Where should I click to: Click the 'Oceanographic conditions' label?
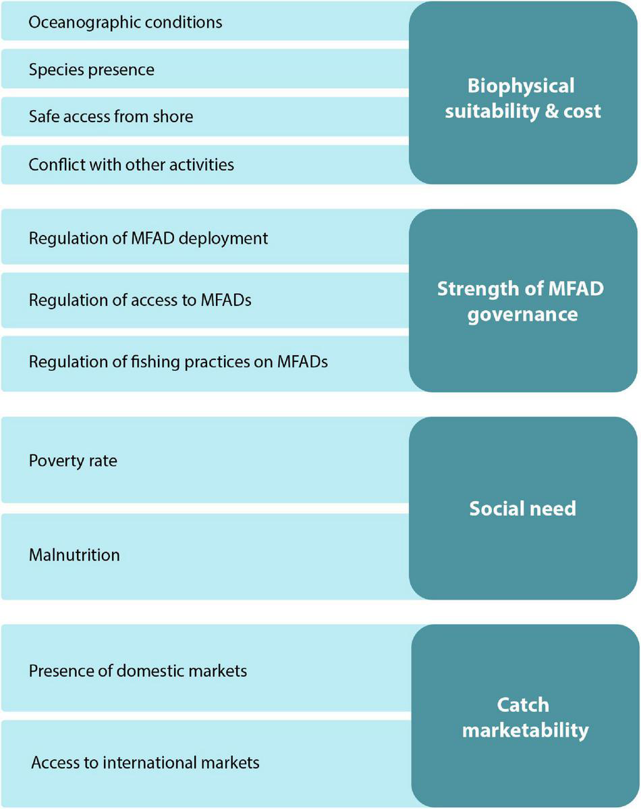pos(126,22)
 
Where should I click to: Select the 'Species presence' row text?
pos(92,70)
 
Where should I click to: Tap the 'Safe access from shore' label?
pos(111,117)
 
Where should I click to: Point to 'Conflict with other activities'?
pos(132,164)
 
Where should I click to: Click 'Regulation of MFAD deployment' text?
pos(148,238)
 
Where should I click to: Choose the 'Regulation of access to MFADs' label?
pos(140,301)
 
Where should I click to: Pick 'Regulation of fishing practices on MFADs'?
pos(178,362)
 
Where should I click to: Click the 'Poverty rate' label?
pos(73,461)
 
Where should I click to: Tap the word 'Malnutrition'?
pos(74,555)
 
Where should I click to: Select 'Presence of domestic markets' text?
pos(138,671)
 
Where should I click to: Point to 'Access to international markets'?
pos(145,763)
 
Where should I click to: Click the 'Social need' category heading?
pos(523,508)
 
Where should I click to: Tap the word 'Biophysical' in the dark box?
pos(521,86)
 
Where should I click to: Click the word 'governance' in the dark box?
pos(524,315)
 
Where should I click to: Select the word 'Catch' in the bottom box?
pos(523,705)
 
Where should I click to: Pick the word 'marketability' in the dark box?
pos(525,731)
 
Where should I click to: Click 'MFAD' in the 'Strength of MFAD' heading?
pos(576,289)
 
